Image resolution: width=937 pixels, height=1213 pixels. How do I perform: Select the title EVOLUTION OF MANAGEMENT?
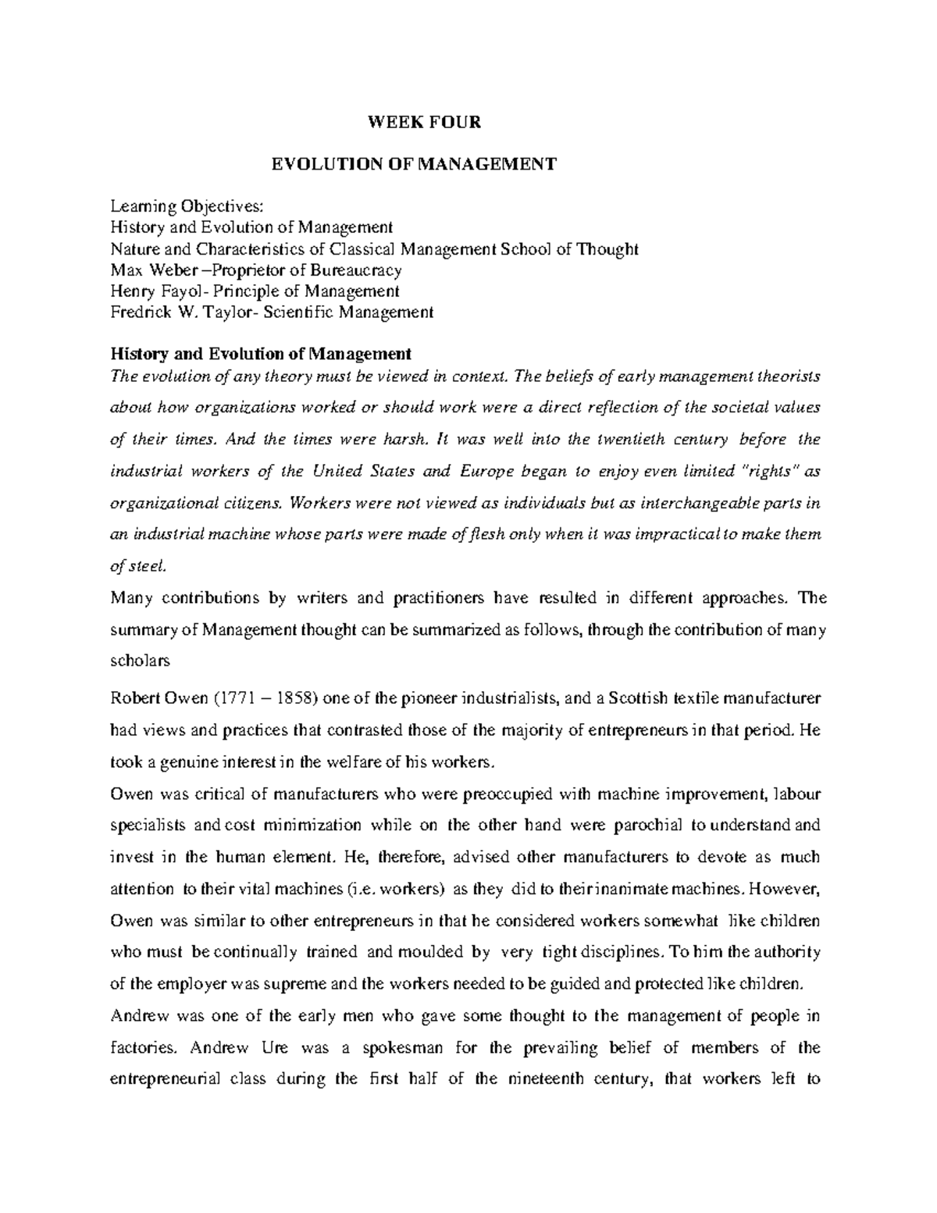[x=413, y=164]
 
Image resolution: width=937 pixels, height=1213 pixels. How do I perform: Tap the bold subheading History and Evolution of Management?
[x=261, y=354]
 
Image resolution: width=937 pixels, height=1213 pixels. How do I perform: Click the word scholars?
[x=140, y=661]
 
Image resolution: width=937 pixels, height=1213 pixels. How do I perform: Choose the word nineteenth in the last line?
[x=550, y=1079]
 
